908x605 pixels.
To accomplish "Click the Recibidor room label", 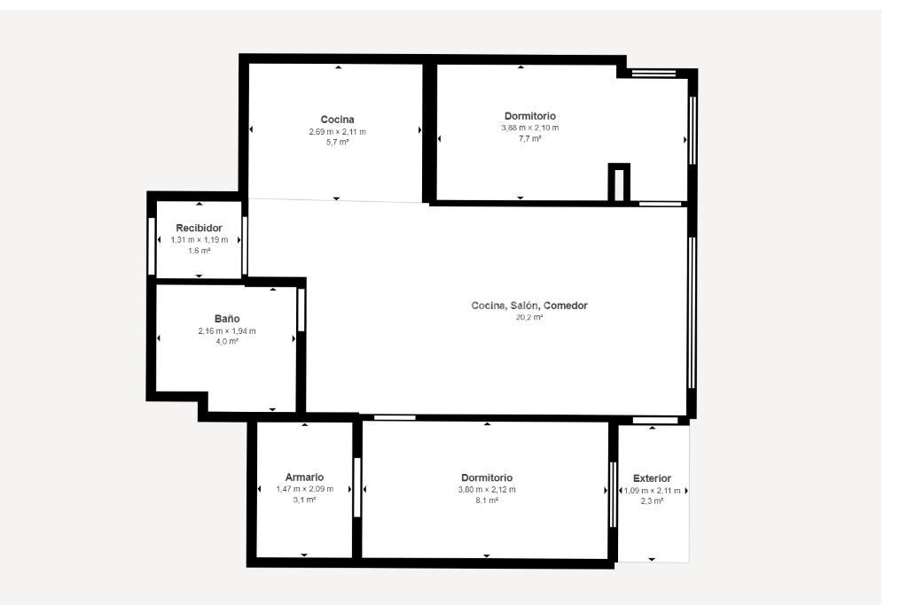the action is [x=199, y=228].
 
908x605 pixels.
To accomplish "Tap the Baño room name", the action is [x=227, y=319].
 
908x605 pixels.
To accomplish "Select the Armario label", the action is [x=304, y=477].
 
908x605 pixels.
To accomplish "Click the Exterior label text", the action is [x=652, y=478].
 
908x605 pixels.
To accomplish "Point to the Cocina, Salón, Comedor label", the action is [x=529, y=306].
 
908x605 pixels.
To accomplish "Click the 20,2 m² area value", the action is [x=529, y=317].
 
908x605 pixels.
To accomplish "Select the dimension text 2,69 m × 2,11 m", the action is [x=338, y=132].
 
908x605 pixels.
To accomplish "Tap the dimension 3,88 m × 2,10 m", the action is [x=530, y=128].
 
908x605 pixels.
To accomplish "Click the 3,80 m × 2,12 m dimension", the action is [x=487, y=489].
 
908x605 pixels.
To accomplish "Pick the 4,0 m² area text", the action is [x=227, y=341].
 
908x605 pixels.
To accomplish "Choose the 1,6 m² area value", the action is [x=199, y=251].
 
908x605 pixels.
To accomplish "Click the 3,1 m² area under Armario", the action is [x=304, y=500].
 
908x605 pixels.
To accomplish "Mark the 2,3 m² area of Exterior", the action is [x=652, y=500].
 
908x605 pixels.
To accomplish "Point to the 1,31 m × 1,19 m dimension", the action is [x=200, y=239].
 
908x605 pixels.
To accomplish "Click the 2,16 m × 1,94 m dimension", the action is [x=227, y=330].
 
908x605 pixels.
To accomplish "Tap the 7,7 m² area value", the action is [x=530, y=139].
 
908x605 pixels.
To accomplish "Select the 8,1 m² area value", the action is [x=487, y=500].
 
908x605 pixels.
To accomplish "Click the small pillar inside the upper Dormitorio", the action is [x=619, y=182].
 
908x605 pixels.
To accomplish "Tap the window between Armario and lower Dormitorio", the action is [x=356, y=487].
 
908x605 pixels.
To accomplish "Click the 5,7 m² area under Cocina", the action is [x=338, y=143].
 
